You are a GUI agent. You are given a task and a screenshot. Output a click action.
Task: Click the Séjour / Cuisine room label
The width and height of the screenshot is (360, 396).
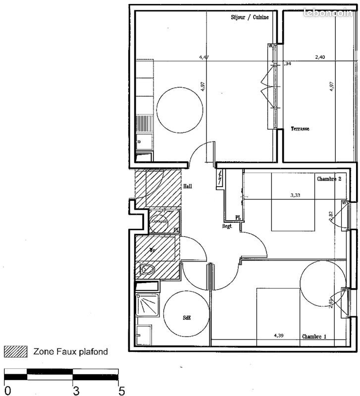250,18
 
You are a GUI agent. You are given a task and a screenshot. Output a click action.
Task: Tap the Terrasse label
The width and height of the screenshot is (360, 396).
300,129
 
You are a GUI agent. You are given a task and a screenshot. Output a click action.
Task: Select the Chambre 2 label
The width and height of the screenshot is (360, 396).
329,179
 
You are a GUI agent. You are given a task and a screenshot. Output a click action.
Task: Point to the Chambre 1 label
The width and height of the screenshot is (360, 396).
317,337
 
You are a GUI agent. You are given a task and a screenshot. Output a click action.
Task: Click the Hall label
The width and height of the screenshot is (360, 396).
188,187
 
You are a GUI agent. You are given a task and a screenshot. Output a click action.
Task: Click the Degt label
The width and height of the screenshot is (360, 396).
227,226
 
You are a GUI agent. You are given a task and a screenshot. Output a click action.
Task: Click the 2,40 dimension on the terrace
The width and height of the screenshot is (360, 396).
320,57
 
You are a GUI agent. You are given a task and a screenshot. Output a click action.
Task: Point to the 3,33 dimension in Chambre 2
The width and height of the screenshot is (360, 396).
296,195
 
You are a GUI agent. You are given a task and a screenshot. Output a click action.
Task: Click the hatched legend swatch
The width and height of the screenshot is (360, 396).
15,351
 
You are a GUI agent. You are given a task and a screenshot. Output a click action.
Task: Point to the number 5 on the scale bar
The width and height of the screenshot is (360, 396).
121,390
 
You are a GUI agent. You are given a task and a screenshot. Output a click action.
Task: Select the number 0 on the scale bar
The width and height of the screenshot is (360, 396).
6,390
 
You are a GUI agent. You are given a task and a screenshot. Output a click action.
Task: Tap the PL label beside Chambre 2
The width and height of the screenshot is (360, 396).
238,218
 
